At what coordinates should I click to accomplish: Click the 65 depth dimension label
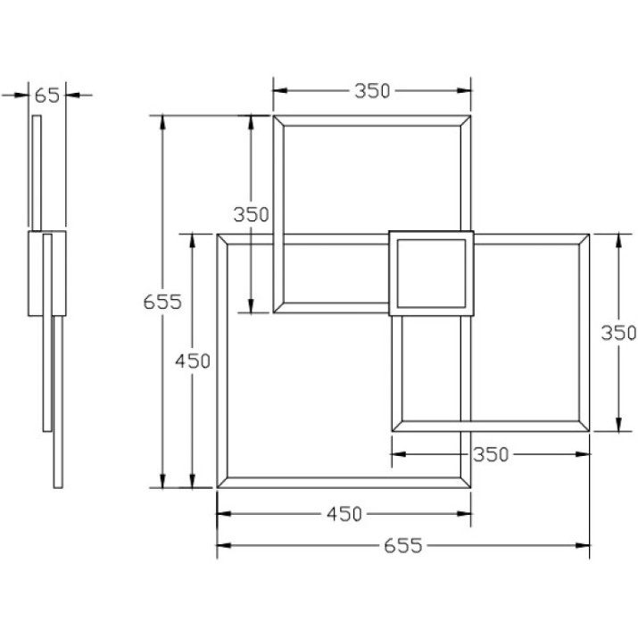(x=46, y=95)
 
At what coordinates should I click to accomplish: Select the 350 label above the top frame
(x=372, y=91)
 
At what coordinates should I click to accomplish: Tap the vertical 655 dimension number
(x=162, y=302)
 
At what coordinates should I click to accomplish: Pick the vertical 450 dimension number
(x=193, y=360)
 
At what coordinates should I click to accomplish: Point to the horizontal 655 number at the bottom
(x=403, y=545)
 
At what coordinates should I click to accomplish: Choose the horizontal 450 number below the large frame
(x=344, y=514)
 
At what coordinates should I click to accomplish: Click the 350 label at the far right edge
(x=619, y=333)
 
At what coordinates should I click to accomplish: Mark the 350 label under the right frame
(x=491, y=454)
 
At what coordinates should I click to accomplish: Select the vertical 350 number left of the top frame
(x=251, y=214)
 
